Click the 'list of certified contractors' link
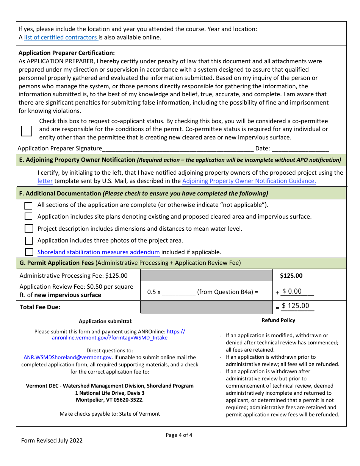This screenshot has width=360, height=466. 61,38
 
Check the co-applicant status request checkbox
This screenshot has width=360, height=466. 27,131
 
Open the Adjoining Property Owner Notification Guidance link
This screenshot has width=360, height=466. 249,181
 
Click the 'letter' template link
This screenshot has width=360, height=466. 45,181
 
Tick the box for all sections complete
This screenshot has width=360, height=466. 28,206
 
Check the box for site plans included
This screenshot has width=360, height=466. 28,217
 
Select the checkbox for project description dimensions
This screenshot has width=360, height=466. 29,228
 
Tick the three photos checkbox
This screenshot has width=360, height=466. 29,241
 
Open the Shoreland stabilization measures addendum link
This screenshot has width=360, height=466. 99,252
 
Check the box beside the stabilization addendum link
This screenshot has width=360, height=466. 29,252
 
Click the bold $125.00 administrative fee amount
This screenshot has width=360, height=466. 291,276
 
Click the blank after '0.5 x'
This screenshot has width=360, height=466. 178,292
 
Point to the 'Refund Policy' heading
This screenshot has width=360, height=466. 278,321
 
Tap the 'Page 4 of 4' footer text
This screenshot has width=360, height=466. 179,435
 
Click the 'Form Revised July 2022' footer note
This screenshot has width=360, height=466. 52,440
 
